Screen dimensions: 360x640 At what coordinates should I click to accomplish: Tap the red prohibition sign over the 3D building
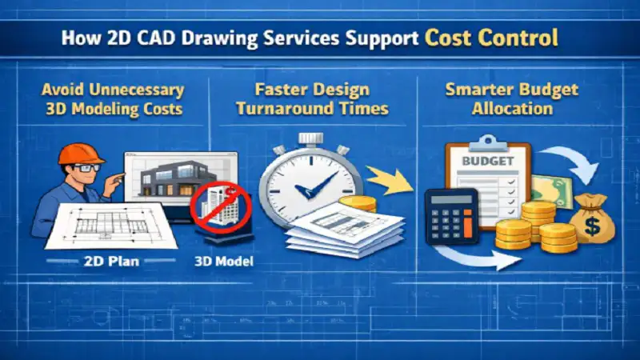(220, 206)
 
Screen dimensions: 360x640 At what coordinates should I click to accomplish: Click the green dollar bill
(553, 191)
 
